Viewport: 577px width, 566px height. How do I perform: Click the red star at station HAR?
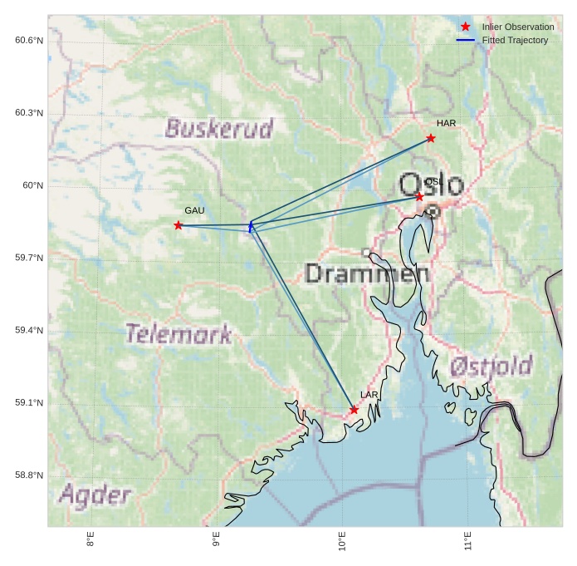431,138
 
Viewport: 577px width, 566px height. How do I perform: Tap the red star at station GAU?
178,225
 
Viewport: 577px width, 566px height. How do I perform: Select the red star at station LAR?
354,410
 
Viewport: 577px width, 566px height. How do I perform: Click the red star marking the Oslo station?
419,196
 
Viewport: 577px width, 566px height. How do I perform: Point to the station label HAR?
446,124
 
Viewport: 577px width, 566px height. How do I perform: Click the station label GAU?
194,211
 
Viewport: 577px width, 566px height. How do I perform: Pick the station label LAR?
369,395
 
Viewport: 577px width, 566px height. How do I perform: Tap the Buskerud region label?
218,129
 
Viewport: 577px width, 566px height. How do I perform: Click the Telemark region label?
178,334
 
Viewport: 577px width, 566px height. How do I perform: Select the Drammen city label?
367,273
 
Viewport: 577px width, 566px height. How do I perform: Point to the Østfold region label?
491,366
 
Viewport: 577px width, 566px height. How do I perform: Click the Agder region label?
95,495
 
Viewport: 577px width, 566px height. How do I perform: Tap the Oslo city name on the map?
430,185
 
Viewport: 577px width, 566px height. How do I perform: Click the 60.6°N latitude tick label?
29,41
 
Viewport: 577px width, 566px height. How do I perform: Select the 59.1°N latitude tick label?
29,403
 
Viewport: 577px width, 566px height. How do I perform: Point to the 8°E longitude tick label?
90,541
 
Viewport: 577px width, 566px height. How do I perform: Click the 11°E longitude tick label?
468,541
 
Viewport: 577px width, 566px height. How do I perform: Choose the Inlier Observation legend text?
517,27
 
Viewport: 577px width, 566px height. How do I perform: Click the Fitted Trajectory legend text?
515,41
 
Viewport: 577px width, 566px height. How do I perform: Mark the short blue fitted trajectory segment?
251,226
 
